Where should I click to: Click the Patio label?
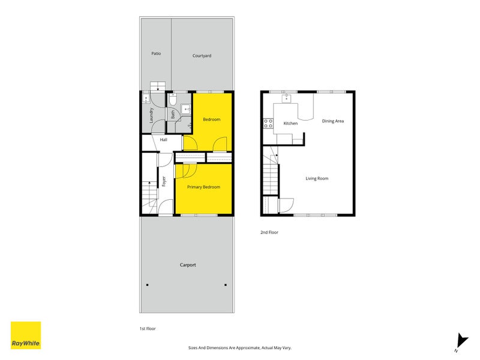pos(156,53)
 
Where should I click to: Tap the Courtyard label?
pos(202,56)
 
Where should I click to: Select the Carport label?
pos(188,265)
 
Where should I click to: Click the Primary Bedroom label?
pos(203,187)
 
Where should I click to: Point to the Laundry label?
pos(151,115)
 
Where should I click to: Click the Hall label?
pos(163,140)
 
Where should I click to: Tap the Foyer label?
pos(164,181)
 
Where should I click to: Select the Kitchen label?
pos(290,124)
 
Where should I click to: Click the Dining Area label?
pos(333,121)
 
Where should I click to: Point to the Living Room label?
pos(317,178)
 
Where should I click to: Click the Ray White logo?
pos(26,335)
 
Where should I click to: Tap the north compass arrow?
pos(462,341)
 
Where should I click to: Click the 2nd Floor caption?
pos(269,232)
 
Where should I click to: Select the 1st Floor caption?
pos(148,328)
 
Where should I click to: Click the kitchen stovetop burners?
pos(268,124)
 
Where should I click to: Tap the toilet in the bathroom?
pos(173,99)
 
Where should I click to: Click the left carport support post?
pos(147,285)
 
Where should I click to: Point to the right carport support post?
pos(226,285)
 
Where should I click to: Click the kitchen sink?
pos(286,98)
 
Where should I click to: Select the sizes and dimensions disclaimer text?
pos(239,348)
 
